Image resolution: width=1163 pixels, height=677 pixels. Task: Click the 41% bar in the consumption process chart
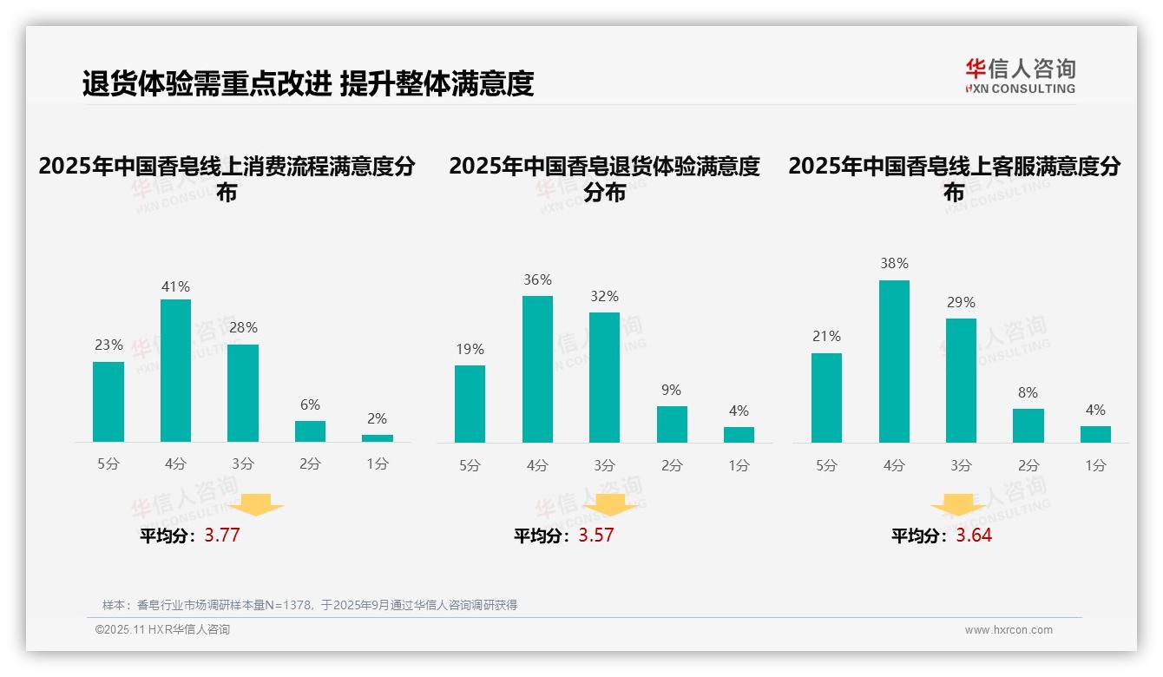(x=175, y=371)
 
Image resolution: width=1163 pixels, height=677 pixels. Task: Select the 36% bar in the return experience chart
(x=537, y=369)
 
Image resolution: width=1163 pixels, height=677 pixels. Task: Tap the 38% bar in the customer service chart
(x=894, y=361)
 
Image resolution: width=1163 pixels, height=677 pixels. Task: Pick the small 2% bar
(x=378, y=438)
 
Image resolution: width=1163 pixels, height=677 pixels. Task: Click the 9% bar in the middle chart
(x=672, y=424)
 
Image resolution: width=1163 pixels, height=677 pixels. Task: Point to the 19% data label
(x=470, y=349)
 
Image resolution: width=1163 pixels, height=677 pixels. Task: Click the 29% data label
(x=961, y=302)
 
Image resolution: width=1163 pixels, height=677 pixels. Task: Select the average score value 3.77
(x=222, y=535)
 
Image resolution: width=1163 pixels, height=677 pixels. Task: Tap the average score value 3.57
(x=596, y=535)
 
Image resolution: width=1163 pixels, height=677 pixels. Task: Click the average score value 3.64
(x=974, y=535)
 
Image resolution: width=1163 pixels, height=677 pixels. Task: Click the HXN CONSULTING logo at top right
(x=1020, y=76)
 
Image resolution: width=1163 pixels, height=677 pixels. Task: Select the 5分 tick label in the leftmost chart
(x=108, y=464)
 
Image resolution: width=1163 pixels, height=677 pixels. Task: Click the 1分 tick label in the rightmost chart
(x=1095, y=465)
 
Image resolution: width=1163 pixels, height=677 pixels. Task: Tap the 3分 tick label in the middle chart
(x=604, y=465)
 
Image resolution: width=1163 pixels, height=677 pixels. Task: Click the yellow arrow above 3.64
(x=959, y=507)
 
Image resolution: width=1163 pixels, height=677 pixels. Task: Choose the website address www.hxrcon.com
(x=1009, y=629)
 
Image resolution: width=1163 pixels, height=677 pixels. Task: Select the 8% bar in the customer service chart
(x=1028, y=425)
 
